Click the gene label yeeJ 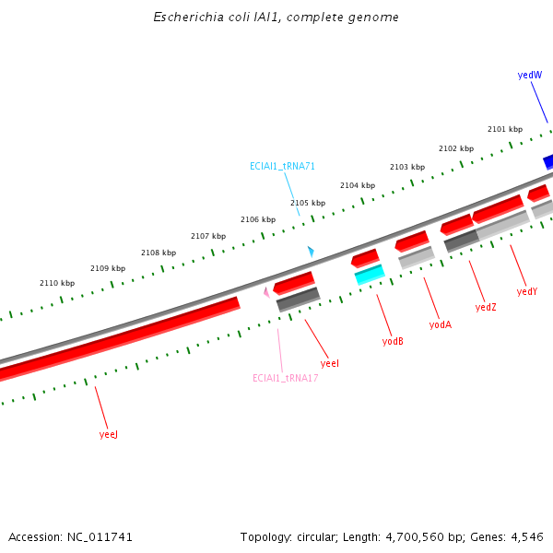pos(109,434)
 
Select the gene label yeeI pos(330,364)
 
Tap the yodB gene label pos(393,341)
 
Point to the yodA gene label pos(441,324)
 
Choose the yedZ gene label pos(486,307)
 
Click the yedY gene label pos(527,291)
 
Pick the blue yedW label pos(530,75)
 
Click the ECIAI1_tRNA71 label pos(282,167)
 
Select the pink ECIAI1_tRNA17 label pos(286,378)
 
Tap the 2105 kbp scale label pos(308,203)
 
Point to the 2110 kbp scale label pos(57,283)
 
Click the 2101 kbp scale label pos(505,129)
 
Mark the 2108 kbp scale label pos(159,253)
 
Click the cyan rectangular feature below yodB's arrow pos(370,274)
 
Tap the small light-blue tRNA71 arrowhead pos(312,252)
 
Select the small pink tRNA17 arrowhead pos(267,292)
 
